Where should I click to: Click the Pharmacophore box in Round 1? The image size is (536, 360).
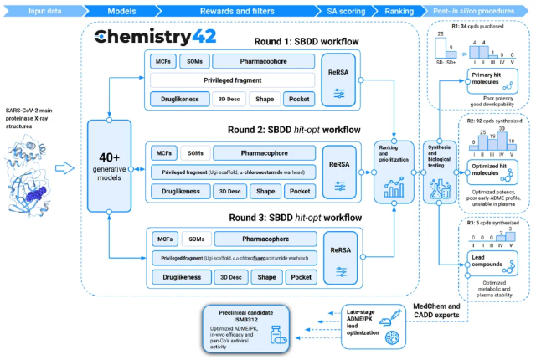(x=264, y=61)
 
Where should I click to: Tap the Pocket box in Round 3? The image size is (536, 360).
(x=299, y=275)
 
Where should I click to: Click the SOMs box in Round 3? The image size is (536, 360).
(x=195, y=238)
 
